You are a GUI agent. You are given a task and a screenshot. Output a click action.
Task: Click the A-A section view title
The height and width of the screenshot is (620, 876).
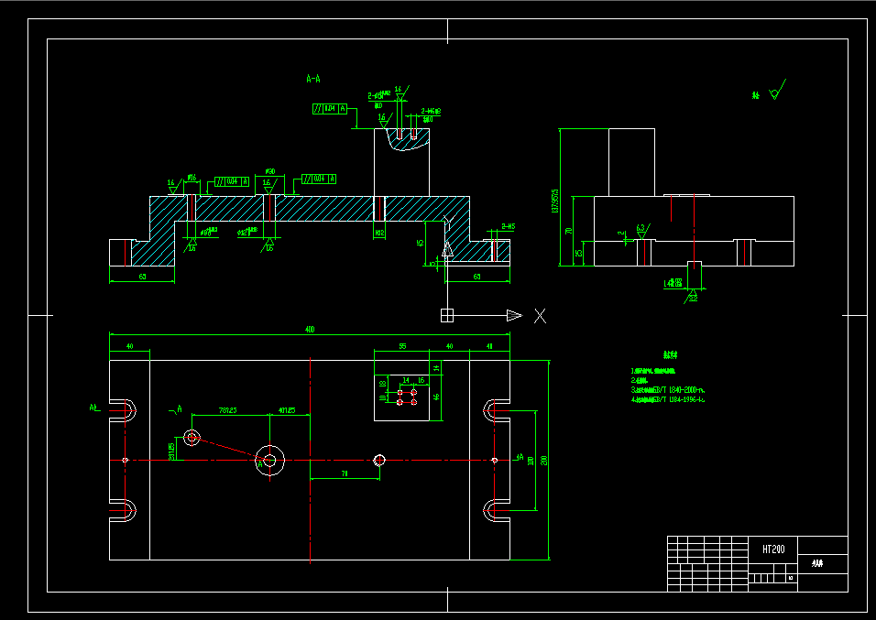click(312, 80)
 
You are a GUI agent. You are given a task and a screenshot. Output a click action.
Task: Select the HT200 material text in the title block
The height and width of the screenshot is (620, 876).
click(773, 549)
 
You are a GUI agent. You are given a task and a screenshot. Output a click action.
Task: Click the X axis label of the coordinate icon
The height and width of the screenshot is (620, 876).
click(541, 316)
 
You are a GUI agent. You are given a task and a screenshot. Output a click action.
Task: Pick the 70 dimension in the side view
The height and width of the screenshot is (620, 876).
click(568, 231)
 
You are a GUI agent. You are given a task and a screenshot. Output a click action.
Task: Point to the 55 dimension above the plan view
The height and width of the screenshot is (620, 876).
click(402, 346)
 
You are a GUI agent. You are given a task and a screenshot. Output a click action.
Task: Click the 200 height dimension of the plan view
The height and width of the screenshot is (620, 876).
click(544, 460)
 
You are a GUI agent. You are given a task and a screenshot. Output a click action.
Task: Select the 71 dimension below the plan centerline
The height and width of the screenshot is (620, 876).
click(345, 473)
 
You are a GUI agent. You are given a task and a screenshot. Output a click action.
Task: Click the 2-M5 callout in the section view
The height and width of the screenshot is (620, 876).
click(507, 226)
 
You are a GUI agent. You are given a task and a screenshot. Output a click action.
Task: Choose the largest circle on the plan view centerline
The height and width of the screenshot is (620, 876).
click(269, 460)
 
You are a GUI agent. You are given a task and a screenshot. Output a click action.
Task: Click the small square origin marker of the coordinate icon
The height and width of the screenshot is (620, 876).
click(447, 316)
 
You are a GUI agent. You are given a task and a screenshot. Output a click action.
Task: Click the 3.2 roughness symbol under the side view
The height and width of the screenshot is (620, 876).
click(692, 296)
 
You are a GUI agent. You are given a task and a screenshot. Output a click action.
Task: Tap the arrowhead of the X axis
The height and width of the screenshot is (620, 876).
click(514, 316)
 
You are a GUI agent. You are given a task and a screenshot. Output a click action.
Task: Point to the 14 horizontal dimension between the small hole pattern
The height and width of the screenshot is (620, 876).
click(406, 379)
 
